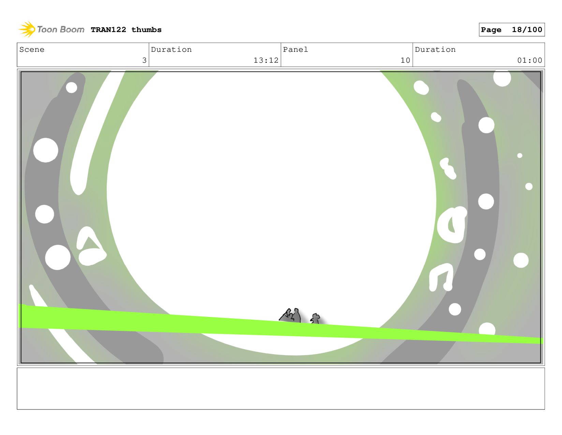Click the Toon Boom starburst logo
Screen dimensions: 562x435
click(27, 29)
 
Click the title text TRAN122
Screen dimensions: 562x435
click(108, 30)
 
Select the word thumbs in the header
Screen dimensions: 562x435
click(146, 30)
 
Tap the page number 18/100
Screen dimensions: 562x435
click(527, 30)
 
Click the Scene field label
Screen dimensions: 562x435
click(32, 49)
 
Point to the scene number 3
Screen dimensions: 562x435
click(144, 60)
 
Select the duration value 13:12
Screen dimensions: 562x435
click(266, 60)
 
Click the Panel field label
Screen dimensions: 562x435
click(295, 49)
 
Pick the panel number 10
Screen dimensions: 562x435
click(405, 60)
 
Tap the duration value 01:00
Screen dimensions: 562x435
click(529, 60)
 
